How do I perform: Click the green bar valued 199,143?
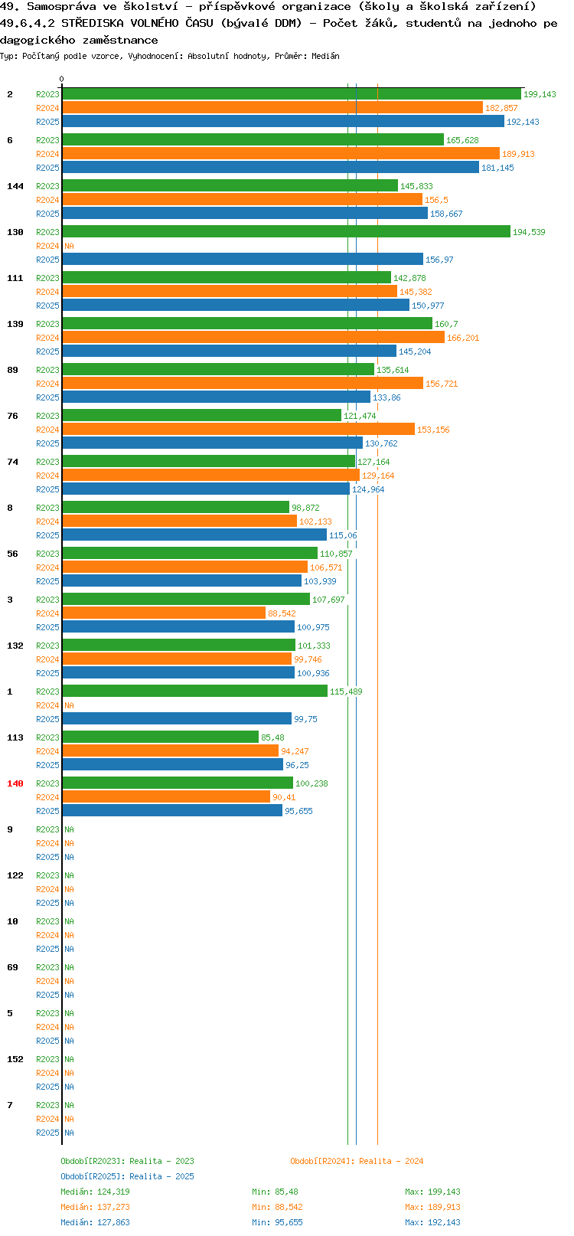click(292, 94)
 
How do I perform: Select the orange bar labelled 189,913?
click(281, 154)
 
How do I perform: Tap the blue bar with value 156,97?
click(243, 260)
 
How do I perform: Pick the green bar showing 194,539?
click(286, 232)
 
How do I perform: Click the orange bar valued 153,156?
click(238, 430)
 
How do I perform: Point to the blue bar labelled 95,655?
click(172, 810)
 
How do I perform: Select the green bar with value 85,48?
click(161, 737)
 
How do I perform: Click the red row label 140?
click(15, 783)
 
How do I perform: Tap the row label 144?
click(15, 186)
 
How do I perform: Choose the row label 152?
click(15, 1059)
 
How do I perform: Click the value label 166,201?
click(463, 338)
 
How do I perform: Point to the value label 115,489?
click(346, 692)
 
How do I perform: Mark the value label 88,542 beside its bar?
click(282, 613)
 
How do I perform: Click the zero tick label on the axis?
click(61, 79)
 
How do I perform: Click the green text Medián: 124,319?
click(96, 1192)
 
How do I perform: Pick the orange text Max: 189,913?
click(432, 1208)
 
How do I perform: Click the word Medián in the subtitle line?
click(325, 56)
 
